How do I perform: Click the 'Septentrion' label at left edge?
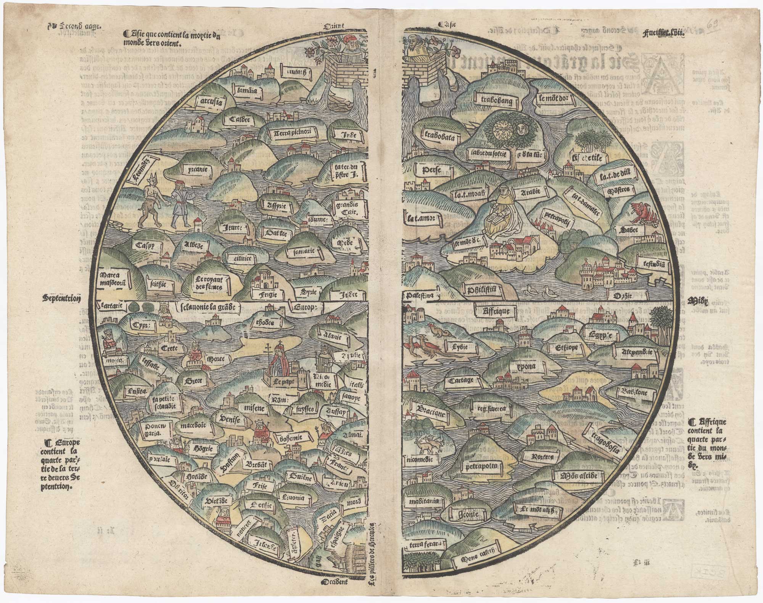[61, 299]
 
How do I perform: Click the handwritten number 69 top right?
[713, 26]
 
